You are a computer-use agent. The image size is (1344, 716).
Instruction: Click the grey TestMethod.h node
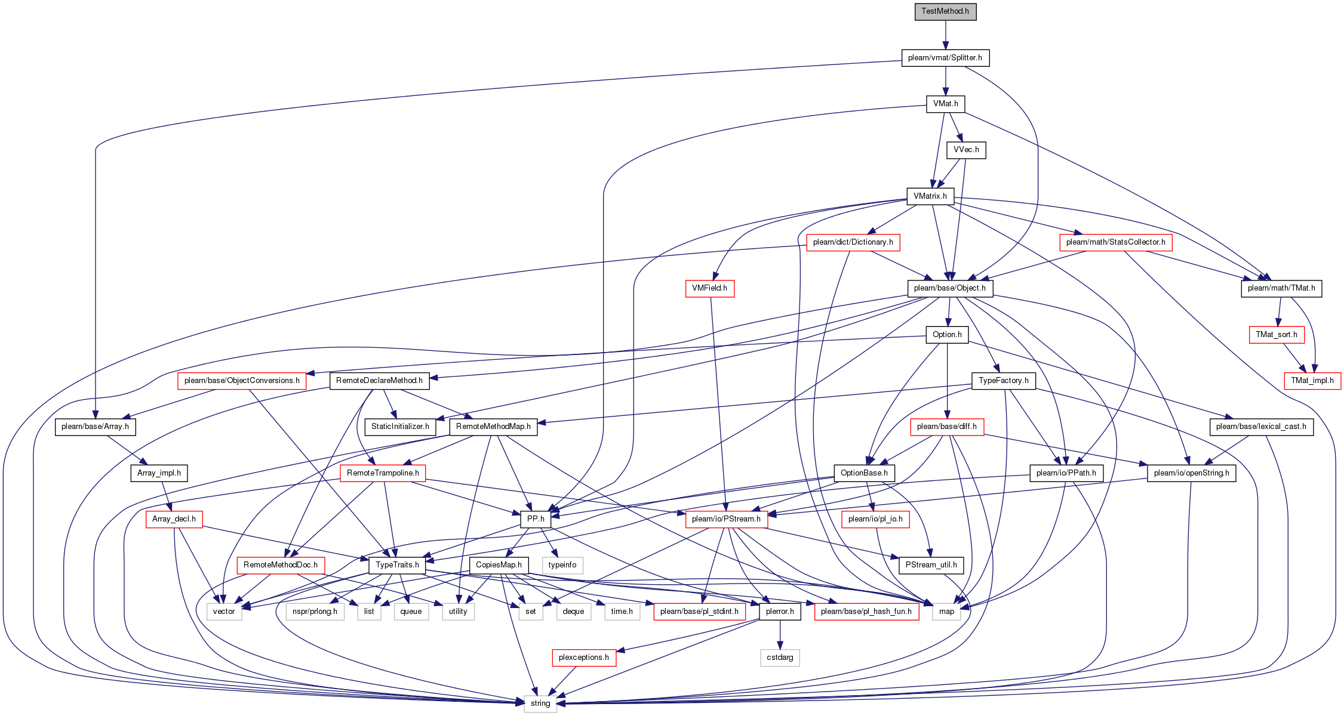tap(945, 11)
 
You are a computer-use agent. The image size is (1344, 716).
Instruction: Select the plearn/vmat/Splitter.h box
tap(945, 58)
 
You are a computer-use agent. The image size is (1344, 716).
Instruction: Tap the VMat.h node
tap(945, 104)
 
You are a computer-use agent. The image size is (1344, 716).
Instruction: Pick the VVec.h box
tap(966, 150)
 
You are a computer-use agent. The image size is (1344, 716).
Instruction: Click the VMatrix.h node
tap(930, 196)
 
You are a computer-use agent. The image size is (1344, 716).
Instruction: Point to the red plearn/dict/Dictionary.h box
tap(853, 242)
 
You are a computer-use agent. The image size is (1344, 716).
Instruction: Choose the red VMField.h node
tap(709, 288)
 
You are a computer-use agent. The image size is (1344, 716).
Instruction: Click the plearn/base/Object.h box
tap(950, 288)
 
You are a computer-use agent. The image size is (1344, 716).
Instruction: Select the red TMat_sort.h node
tap(1277, 335)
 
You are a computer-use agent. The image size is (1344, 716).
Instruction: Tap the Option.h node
tap(947, 335)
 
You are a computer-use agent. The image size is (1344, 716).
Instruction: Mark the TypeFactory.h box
tap(1004, 381)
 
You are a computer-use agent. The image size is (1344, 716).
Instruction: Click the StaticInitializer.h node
tap(400, 427)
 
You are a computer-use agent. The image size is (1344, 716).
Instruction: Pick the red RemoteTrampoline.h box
tap(383, 473)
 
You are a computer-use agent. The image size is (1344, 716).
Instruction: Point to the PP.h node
tap(536, 519)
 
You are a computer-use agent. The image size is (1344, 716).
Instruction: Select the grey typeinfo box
tap(562, 565)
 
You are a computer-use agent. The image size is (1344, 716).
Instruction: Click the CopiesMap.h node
tap(499, 565)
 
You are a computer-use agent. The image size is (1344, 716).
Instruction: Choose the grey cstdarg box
tap(780, 658)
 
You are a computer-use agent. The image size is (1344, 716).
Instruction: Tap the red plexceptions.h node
tap(584, 658)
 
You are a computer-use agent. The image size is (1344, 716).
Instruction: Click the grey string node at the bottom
tap(540, 703)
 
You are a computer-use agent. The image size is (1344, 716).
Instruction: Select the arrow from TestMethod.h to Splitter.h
tap(945, 35)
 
